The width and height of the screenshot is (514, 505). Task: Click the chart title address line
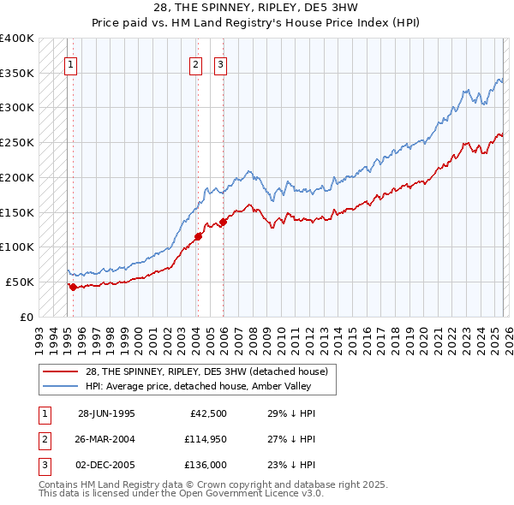point(257,9)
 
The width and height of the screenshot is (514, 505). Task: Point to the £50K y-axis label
point(20,282)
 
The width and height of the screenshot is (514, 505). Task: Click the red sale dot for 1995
point(74,287)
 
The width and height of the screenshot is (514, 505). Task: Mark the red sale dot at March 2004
point(198,236)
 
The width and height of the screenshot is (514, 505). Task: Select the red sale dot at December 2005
point(223,222)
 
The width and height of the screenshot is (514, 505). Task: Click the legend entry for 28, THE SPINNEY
point(206,371)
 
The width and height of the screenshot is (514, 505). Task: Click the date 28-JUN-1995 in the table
point(106,413)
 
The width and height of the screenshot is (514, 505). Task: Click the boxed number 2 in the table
point(45,439)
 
